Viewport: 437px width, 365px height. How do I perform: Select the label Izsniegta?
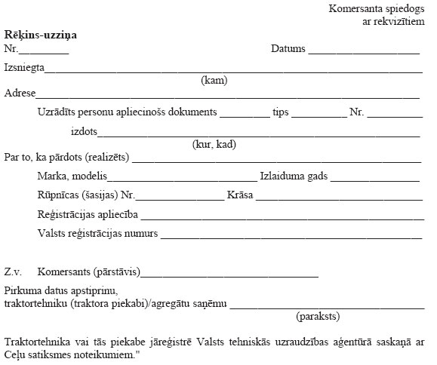pyautogui.click(x=24, y=68)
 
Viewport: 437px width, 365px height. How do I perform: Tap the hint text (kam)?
pyautogui.click(x=214, y=81)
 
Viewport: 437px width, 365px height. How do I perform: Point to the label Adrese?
pyautogui.click(x=20, y=94)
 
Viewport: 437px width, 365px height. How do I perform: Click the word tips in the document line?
pyautogui.click(x=281, y=112)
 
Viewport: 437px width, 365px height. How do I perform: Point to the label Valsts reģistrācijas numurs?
pyautogui.click(x=97, y=233)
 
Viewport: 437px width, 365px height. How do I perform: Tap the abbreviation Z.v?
pyautogui.click(x=13, y=271)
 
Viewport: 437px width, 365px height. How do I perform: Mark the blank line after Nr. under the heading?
pyautogui.click(x=44, y=51)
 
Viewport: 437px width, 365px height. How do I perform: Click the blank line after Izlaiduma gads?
pyautogui.click(x=374, y=179)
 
